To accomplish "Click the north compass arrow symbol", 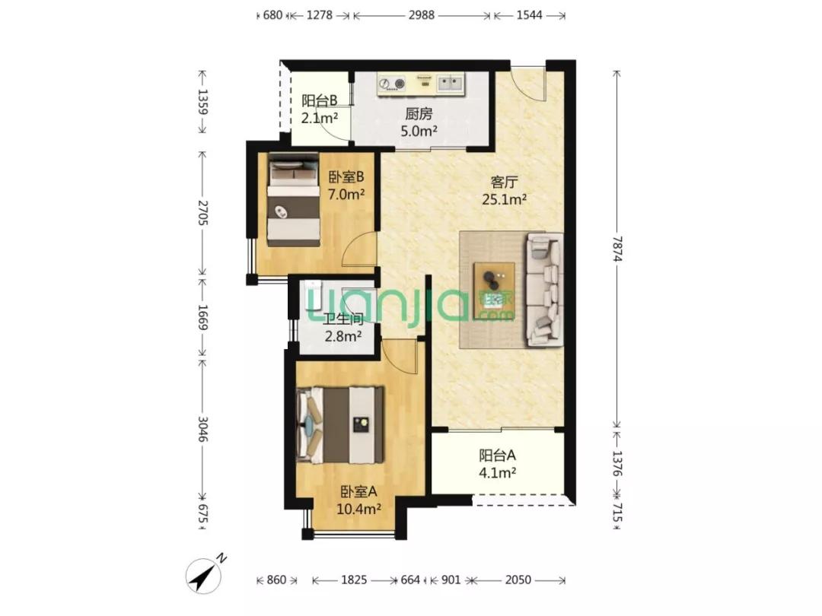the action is pos(205,574).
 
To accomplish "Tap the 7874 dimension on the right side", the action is pos(617,249).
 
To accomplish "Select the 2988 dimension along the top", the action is pos(422,14).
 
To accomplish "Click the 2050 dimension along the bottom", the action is pos(518,579).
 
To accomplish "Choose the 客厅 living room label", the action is pos(504,182).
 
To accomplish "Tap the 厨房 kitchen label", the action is pos(419,113).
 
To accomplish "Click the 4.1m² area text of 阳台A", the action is pos(498,473).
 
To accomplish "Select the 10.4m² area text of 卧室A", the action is pos(358,509).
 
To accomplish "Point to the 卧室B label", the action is pos(346,176).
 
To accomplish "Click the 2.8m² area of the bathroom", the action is pos(343,336).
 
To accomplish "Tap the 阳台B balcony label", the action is pos(319,100).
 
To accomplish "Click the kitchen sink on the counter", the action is pos(451,83).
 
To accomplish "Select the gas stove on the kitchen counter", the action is pos(392,83).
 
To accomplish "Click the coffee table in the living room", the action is pos(494,291).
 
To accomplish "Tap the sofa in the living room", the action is pos(545,291).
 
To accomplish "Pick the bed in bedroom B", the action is pos(294,199).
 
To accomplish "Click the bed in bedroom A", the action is pos(339,425).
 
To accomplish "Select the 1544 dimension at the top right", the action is pos(529,14).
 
